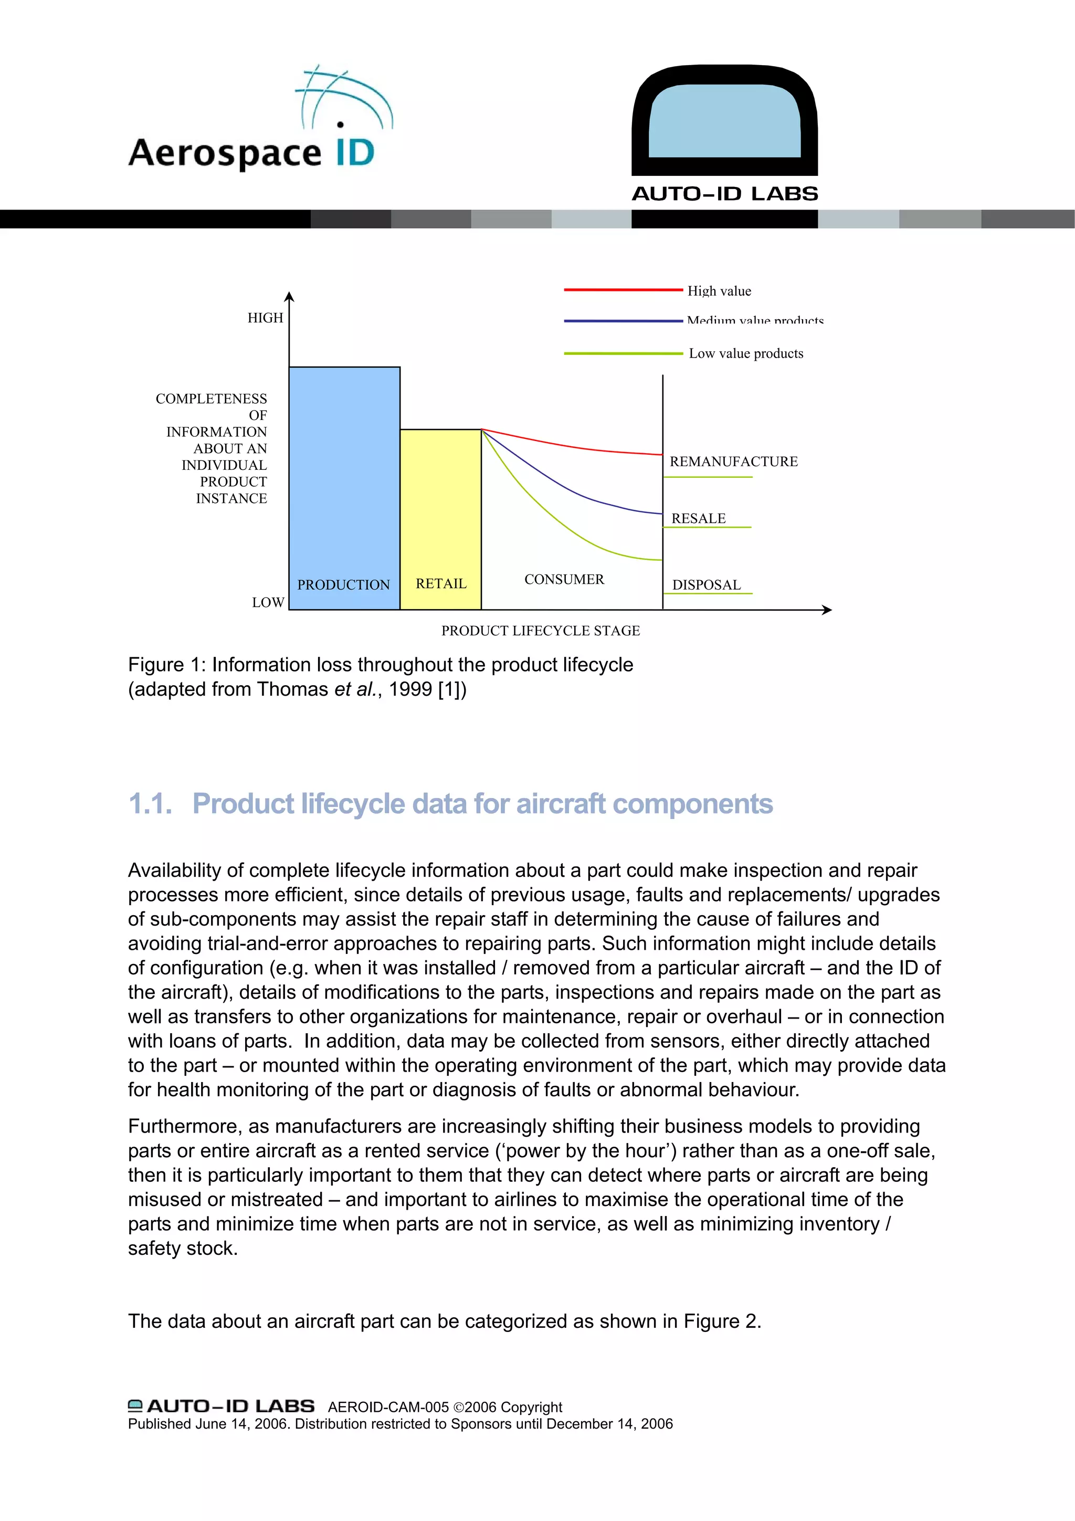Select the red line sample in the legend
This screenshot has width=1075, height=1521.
623,289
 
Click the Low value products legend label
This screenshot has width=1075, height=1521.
746,354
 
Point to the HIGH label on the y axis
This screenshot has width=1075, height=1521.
265,318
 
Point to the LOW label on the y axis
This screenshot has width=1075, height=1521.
268,602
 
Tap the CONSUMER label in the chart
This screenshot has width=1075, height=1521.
564,580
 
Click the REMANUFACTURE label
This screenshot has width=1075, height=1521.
733,461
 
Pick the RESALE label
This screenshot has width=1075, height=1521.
698,519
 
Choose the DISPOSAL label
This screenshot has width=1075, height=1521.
706,585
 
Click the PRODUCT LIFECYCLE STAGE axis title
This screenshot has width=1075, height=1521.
541,631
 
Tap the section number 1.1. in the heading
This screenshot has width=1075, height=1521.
150,804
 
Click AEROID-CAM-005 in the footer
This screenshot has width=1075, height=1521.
388,1407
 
